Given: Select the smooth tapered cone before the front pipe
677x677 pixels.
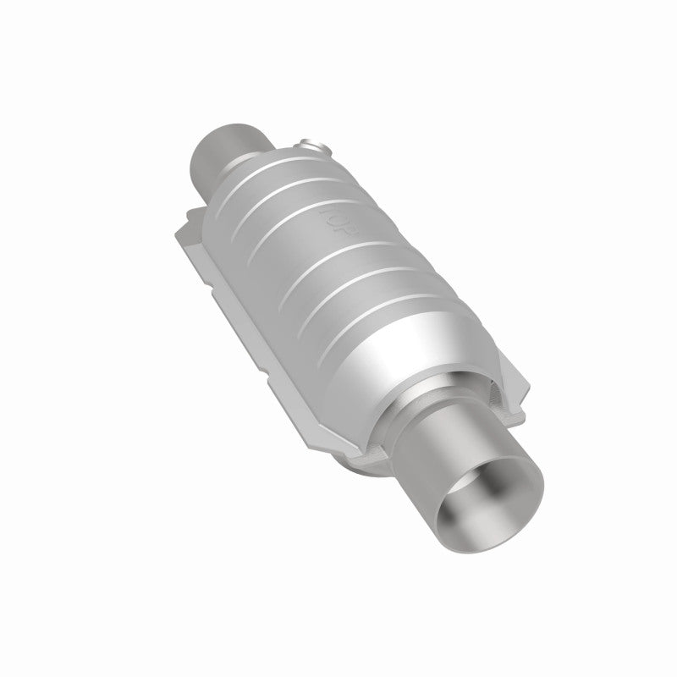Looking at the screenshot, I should click(398, 355).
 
